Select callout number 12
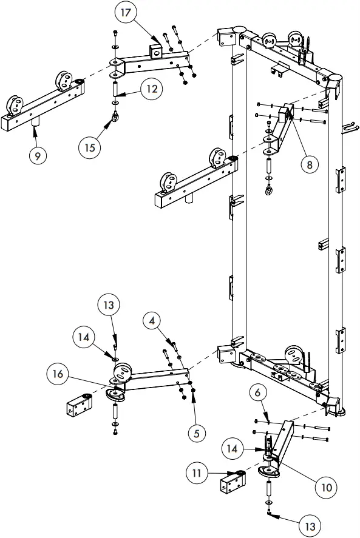click(x=152, y=89)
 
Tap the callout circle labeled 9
click(x=38, y=155)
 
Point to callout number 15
click(x=90, y=146)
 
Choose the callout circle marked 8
click(x=311, y=164)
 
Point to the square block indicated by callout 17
click(x=157, y=47)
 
